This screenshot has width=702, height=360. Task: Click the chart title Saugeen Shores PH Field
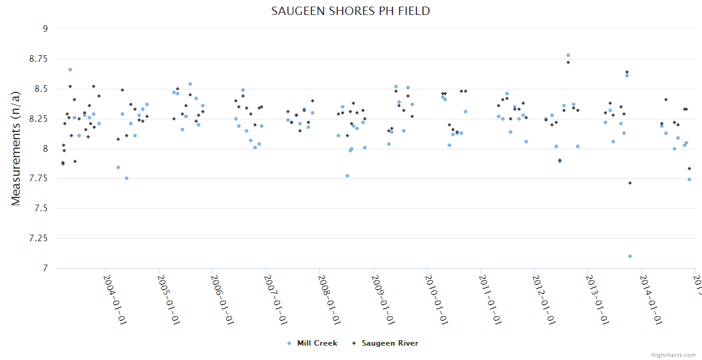(350, 11)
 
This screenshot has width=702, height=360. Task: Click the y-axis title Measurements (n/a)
(16, 148)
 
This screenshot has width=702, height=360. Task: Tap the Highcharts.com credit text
(673, 355)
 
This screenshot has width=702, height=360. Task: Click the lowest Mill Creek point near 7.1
(630, 256)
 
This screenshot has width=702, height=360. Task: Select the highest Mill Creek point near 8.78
(568, 55)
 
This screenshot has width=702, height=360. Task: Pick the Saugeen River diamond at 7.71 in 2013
(630, 183)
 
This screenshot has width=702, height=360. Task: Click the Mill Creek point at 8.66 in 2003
(70, 70)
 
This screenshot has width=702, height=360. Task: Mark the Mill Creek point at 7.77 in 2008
(347, 176)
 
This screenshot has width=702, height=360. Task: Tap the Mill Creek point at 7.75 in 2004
(127, 178)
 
